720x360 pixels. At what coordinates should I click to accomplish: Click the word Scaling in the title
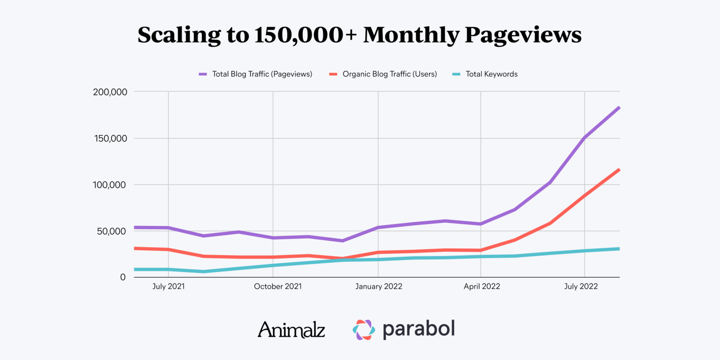(179, 35)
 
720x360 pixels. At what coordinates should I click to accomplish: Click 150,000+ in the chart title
(305, 35)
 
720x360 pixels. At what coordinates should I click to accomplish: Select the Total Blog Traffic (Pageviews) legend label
(262, 74)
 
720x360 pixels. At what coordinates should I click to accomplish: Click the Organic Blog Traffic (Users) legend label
(390, 74)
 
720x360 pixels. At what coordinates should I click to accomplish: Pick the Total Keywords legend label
(491, 74)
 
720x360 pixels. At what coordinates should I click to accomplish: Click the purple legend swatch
(203, 74)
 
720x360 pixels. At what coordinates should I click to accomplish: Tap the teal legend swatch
(456, 74)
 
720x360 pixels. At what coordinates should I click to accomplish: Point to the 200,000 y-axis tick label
(110, 92)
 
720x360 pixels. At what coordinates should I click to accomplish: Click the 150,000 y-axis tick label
(111, 139)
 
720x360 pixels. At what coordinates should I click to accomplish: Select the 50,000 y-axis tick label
(111, 231)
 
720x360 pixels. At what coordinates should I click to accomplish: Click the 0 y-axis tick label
(122, 278)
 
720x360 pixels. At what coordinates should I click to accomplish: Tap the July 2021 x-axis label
(168, 287)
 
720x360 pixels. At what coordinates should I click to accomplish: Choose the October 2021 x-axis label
(278, 287)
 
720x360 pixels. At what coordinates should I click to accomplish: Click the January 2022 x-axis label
(378, 287)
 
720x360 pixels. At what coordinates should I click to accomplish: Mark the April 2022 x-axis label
(481, 287)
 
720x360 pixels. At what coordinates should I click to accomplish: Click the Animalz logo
(291, 330)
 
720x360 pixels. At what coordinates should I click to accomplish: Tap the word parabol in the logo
(418, 329)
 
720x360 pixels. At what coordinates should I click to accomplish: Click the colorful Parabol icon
(364, 330)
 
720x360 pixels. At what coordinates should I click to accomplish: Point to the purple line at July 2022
(585, 137)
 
